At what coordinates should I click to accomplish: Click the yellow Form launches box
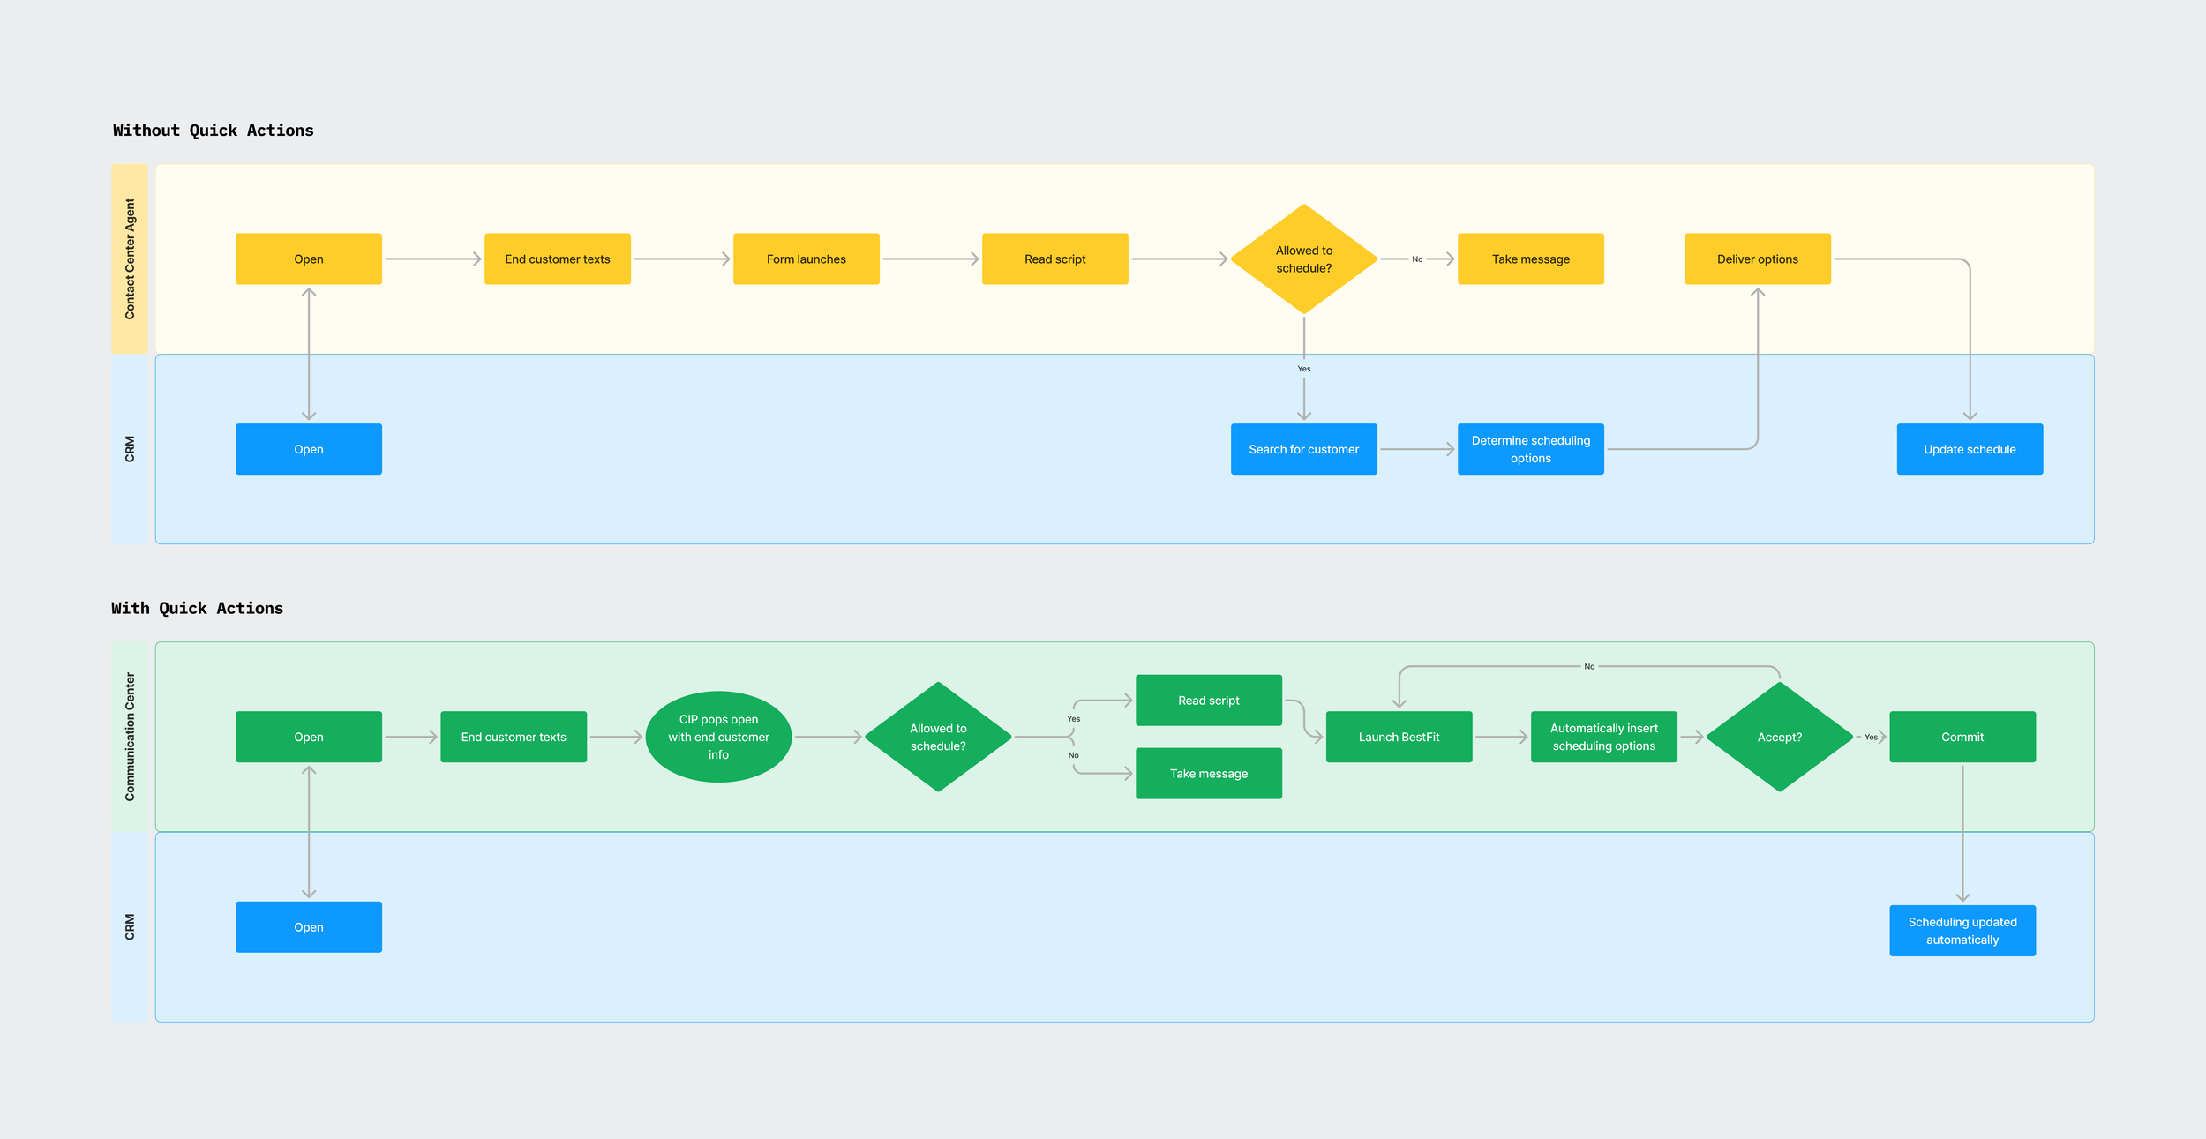tap(806, 259)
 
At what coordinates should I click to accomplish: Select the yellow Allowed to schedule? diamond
tap(1303, 259)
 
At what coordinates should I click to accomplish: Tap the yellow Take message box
tap(1530, 259)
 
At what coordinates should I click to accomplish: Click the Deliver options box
tap(1757, 259)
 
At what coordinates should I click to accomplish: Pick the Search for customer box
tap(1303, 449)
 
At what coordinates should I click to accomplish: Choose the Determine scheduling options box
tap(1530, 449)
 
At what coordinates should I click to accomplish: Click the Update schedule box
tap(1970, 449)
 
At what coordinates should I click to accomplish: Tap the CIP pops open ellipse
tap(718, 737)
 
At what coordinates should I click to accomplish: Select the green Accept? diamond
tap(1779, 737)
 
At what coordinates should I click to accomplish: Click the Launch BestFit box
tap(1399, 737)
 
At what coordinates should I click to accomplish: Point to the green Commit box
tap(1962, 737)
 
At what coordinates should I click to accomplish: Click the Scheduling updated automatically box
tap(1962, 930)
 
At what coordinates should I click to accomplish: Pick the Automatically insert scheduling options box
tap(1603, 737)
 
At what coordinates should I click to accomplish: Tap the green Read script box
tap(1208, 701)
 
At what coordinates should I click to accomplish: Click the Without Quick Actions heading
tap(213, 131)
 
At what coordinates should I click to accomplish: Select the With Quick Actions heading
tap(197, 608)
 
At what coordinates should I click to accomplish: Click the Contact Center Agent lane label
tap(130, 259)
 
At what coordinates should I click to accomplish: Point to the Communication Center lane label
tap(130, 737)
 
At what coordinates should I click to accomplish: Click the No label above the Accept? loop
tap(1589, 666)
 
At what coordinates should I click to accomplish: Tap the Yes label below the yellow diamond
tap(1303, 369)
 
